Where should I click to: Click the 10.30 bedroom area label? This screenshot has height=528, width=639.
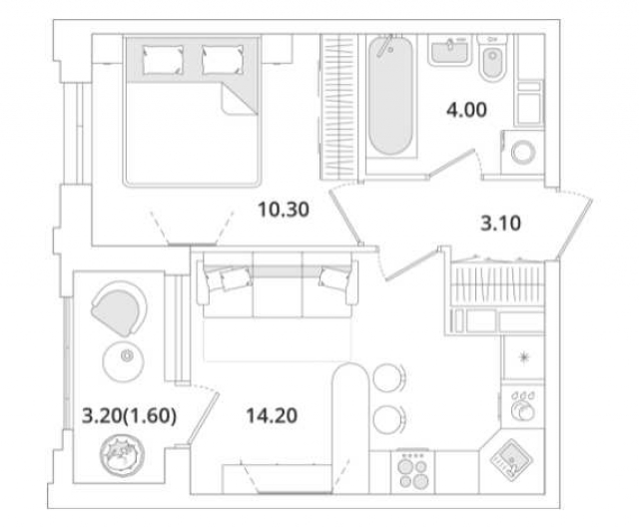(x=282, y=210)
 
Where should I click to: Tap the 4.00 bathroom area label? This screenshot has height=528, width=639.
(x=468, y=111)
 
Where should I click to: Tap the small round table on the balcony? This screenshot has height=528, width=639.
(x=127, y=355)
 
